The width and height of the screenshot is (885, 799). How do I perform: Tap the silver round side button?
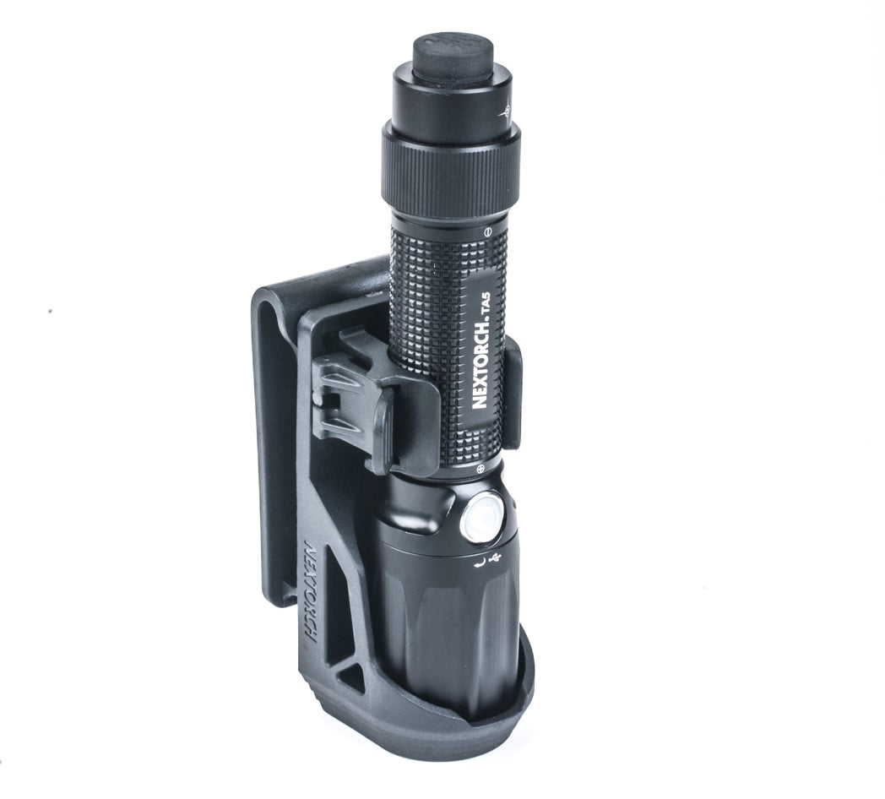click(481, 517)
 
